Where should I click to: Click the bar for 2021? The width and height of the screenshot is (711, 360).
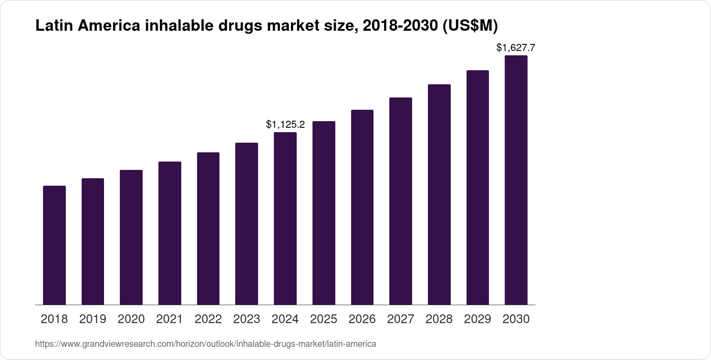tap(170, 233)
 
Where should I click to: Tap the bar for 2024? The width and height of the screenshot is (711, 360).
tap(285, 218)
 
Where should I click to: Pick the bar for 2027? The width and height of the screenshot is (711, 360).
tap(401, 201)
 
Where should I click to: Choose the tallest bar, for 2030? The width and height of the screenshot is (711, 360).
tap(516, 180)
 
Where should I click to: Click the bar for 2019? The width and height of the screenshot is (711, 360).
tap(93, 241)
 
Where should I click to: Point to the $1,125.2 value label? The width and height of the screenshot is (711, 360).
tap(285, 125)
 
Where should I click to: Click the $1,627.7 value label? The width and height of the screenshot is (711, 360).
tap(516, 47)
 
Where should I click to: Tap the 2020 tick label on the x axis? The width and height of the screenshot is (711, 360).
tap(131, 319)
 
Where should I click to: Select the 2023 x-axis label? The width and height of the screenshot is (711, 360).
tap(247, 319)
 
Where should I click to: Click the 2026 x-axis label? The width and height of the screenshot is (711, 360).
tap(362, 319)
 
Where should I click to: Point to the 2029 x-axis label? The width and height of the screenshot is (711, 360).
tap(478, 319)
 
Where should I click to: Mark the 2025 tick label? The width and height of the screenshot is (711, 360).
tap(323, 319)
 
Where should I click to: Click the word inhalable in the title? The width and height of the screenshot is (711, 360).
tap(179, 26)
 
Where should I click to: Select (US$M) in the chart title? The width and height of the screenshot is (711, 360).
tap(469, 26)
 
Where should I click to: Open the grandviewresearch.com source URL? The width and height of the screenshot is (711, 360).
tap(205, 344)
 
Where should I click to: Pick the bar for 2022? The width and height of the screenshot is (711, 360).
tap(208, 228)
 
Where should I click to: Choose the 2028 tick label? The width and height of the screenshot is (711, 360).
tap(439, 319)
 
